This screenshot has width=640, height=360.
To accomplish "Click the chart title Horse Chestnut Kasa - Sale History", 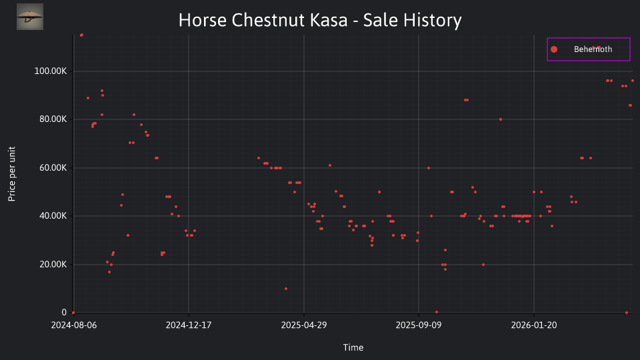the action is point(320,20).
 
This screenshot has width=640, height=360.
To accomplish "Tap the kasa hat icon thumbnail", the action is point(30,17).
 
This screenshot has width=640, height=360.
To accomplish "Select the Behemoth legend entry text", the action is point(593,49).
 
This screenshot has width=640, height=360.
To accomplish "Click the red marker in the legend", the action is point(554,49).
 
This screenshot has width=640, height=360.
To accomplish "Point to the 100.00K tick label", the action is point(50,71).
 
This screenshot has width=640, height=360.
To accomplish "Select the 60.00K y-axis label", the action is point(53,168).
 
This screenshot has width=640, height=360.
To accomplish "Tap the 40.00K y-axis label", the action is point(53,216).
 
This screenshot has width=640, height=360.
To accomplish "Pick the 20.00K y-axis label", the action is point(53,265).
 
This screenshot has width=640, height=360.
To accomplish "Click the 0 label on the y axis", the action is point(64,312).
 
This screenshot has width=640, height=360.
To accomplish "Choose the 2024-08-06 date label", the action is point(74,325).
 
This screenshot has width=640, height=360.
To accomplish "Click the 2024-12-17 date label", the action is point(189,325).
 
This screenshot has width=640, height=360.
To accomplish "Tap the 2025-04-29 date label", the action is point(304,325).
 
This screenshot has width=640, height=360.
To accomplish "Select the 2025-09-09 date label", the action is point(419,325).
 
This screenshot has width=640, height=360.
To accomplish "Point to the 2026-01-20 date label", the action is point(534,325).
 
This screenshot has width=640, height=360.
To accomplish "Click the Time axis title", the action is point(353,347).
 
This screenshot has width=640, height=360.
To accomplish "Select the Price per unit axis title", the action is point(12,174).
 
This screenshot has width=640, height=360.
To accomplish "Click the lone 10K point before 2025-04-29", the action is point(286,289).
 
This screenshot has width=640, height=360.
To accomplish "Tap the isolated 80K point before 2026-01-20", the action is point(501,119).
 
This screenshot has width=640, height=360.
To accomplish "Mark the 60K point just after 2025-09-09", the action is point(429,168).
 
